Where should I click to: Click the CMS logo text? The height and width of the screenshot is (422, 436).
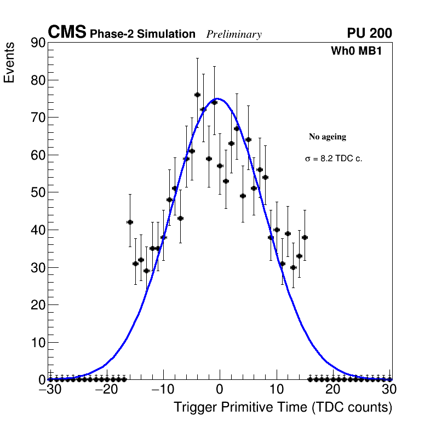(x=67, y=33)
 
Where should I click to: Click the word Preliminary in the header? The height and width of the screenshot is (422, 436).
(x=234, y=34)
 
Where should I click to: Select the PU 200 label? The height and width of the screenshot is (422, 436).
(x=369, y=33)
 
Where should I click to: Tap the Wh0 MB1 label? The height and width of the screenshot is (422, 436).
(x=356, y=51)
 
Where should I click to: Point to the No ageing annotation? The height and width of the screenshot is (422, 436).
(x=328, y=137)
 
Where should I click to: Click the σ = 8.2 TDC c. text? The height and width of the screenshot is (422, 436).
(x=334, y=159)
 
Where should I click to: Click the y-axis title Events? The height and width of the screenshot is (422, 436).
(x=9, y=62)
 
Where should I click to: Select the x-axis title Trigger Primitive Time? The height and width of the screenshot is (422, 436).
(x=283, y=407)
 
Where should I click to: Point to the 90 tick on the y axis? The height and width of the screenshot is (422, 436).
(x=37, y=43)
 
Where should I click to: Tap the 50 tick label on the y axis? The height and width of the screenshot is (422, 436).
(x=37, y=192)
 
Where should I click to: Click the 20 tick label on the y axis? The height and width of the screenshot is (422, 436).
(x=37, y=305)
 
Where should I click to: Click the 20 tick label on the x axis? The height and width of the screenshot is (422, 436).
(x=332, y=390)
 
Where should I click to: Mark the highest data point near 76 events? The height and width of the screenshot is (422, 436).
(x=197, y=95)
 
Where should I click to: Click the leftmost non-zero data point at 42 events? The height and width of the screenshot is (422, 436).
(x=130, y=222)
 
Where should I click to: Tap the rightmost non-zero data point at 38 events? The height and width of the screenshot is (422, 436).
(x=305, y=237)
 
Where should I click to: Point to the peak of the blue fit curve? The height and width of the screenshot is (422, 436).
(x=217, y=98)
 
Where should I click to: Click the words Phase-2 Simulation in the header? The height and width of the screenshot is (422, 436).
(x=142, y=34)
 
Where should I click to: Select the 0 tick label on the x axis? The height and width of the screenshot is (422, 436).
(x=220, y=390)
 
